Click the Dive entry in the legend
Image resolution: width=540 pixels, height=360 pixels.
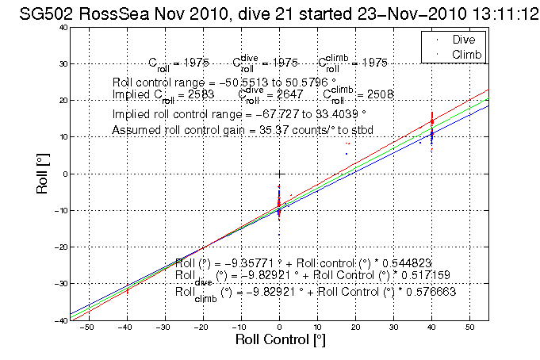[x=464, y=39]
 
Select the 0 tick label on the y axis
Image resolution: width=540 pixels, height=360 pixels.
[x=64, y=174]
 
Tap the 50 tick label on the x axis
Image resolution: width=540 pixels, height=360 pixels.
[x=469, y=327]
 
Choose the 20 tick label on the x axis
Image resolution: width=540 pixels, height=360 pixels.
[x=355, y=327]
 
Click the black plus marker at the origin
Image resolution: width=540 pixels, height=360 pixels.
[x=279, y=174]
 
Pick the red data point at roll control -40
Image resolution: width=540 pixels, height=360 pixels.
[x=127, y=291]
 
